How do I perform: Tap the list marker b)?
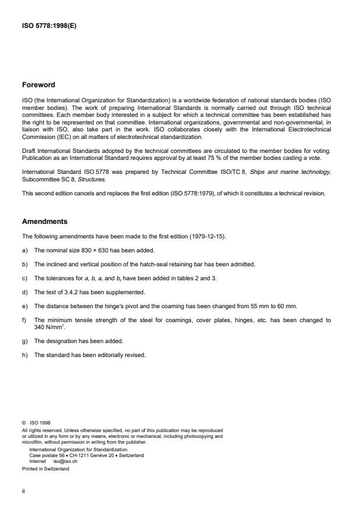click(25, 263)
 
